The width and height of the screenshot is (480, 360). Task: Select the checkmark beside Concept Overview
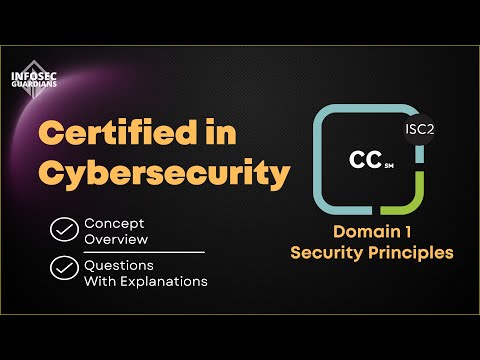click(x=64, y=230)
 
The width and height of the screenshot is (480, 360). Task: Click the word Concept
click(x=113, y=222)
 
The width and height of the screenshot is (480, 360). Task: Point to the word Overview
click(x=116, y=239)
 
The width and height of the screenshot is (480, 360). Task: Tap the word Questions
click(x=120, y=265)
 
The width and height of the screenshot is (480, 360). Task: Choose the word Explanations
click(x=164, y=282)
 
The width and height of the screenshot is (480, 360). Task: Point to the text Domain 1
click(x=371, y=233)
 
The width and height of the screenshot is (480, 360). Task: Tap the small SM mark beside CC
click(x=388, y=168)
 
